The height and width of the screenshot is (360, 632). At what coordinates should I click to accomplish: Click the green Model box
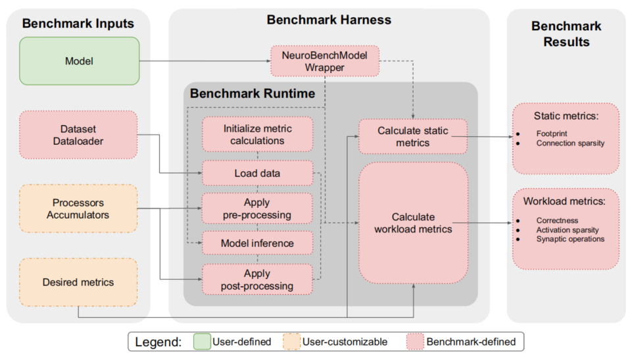79,61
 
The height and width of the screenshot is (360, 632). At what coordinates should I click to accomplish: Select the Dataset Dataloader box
79,134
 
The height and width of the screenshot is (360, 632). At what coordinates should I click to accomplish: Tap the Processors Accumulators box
79,209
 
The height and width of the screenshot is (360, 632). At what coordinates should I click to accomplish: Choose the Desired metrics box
79,282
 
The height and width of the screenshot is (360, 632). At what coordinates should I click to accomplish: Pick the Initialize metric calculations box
257,134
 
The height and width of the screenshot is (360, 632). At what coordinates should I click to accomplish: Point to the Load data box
257,174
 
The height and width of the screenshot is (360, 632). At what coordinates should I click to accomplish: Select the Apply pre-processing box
257,209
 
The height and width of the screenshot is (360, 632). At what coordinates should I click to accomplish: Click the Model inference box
257,244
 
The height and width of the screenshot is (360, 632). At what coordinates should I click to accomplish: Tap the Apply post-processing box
257,279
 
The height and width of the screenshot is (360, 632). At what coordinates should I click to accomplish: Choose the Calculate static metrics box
412,136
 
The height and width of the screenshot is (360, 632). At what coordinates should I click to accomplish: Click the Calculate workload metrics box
412,223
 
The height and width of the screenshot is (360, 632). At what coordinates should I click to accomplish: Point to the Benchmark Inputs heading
78,24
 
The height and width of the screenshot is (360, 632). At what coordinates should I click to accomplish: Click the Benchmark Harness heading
329,20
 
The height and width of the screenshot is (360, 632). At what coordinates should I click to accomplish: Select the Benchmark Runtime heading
253,93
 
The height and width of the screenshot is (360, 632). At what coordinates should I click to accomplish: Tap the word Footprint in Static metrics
552,133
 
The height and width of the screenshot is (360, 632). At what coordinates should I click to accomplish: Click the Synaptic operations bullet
570,239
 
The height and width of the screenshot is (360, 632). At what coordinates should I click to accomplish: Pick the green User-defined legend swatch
202,342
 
